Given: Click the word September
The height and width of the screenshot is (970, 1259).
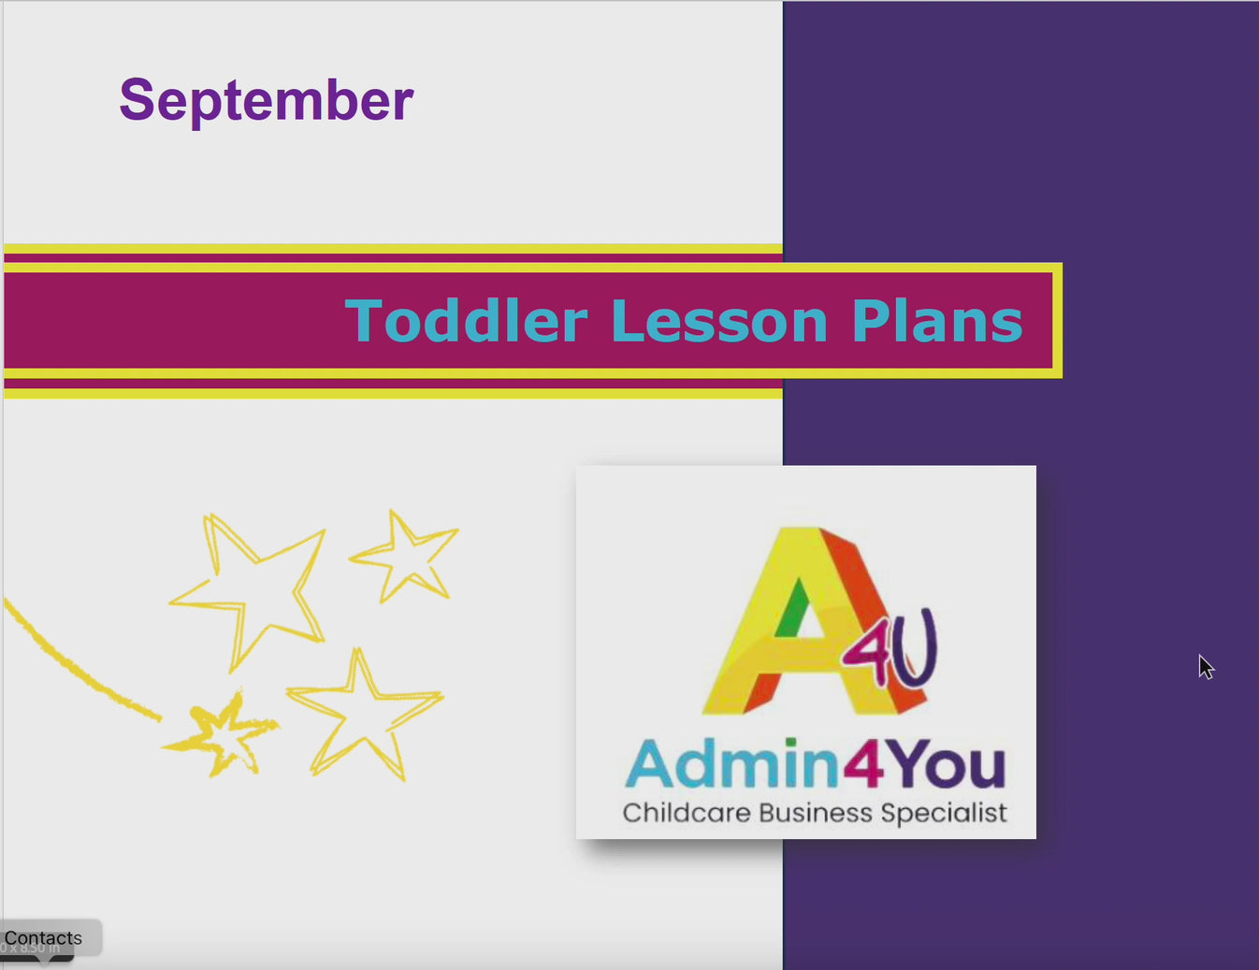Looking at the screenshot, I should (x=266, y=100).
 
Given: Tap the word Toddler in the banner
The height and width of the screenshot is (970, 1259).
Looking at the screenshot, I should (x=466, y=321).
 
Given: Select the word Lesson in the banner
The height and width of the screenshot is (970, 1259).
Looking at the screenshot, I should (x=719, y=321).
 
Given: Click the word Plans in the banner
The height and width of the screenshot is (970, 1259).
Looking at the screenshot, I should (x=937, y=321).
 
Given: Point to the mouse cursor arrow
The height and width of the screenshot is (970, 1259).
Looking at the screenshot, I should (x=1205, y=665).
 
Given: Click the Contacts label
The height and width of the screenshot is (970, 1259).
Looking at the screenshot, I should (x=43, y=938).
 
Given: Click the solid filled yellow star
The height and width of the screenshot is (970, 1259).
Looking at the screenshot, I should (x=222, y=736).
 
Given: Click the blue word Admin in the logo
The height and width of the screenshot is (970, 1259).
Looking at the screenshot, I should (x=732, y=764).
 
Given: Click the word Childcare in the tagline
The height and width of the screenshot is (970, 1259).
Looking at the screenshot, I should (x=687, y=812).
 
